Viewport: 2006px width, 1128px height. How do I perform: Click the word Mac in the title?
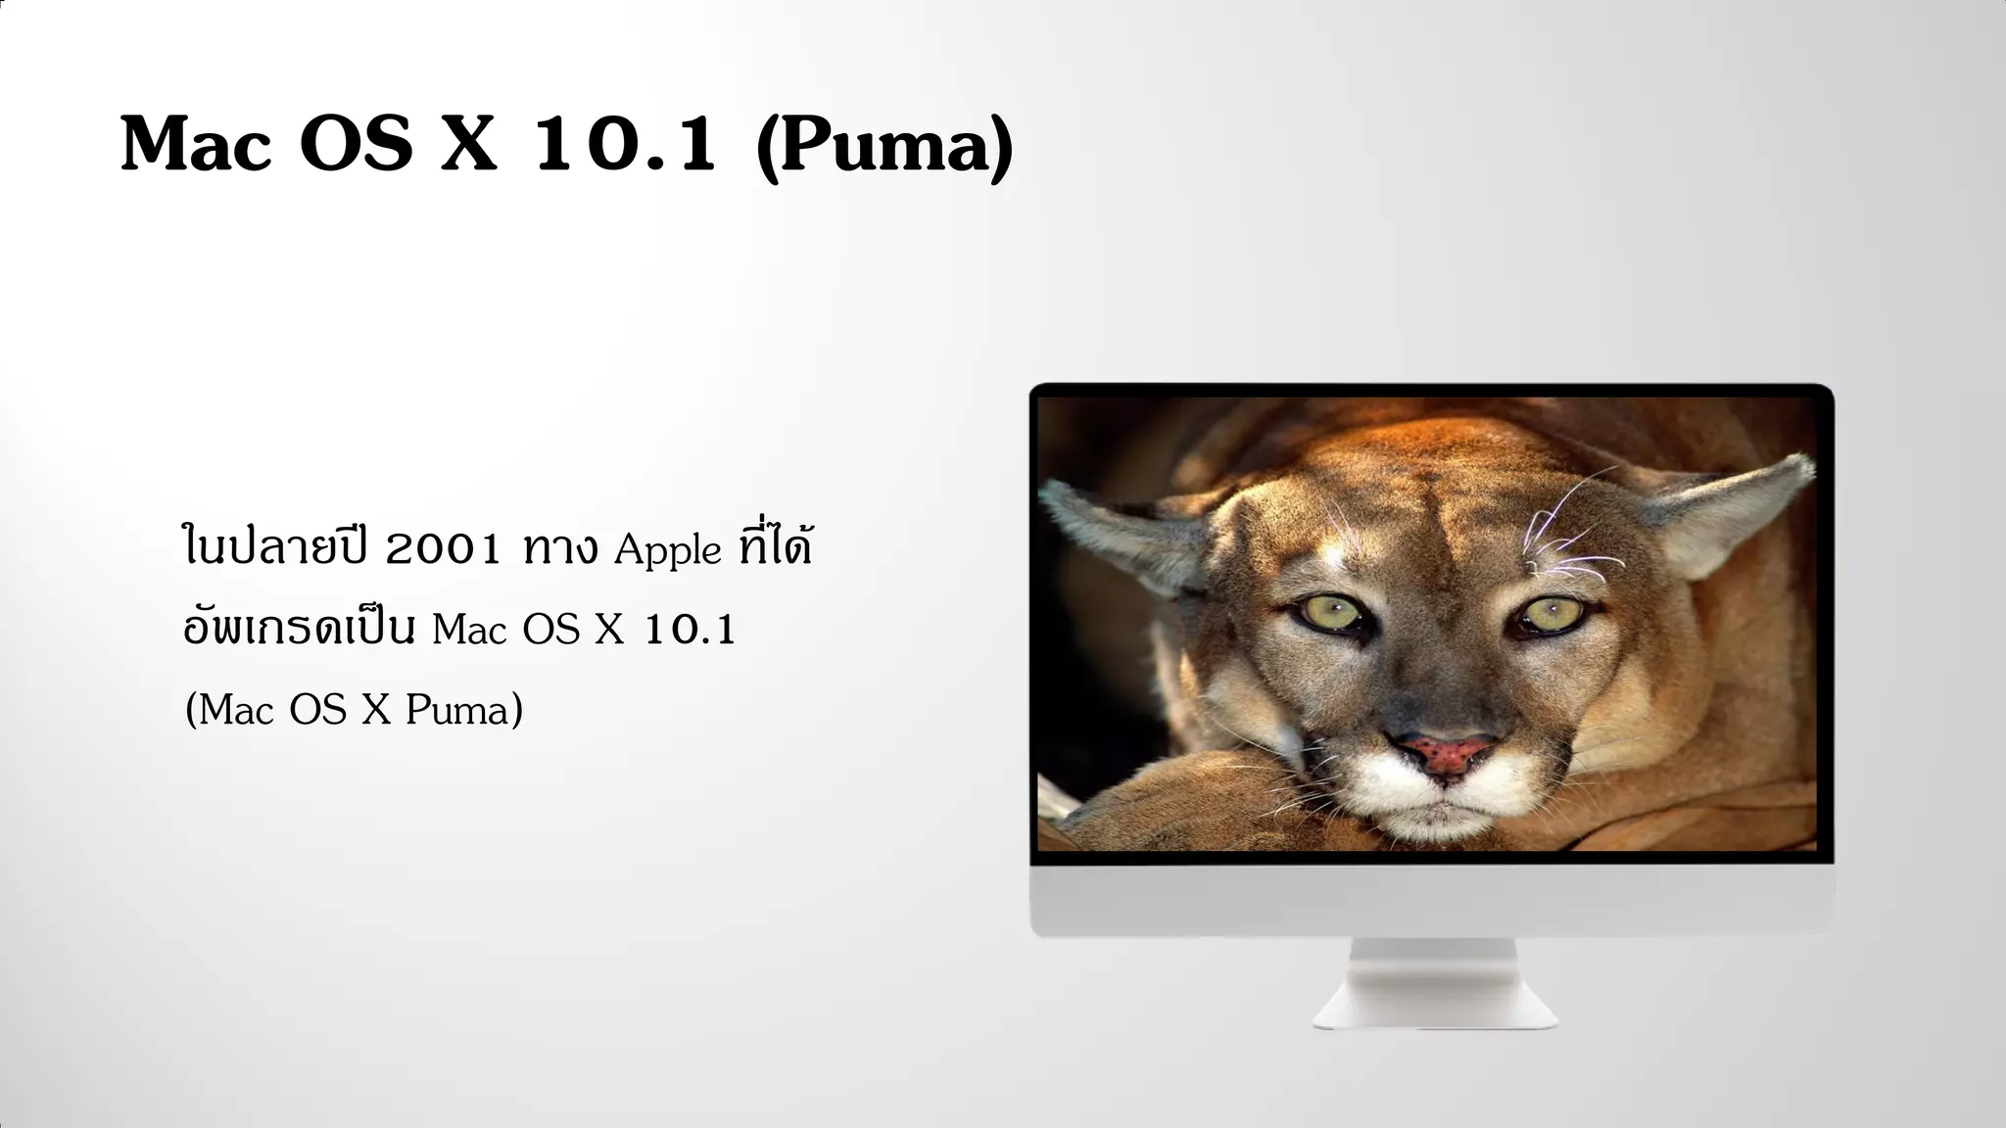196,145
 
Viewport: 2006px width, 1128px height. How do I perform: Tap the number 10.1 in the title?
625,145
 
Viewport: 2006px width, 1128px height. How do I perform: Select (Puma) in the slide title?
884,147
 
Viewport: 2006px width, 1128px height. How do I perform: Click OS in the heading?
356,145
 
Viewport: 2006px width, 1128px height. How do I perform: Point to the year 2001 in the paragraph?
443,549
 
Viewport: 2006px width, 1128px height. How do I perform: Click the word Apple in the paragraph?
668,550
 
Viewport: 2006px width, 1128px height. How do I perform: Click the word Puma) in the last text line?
464,710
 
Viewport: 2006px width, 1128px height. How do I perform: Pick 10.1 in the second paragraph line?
690,630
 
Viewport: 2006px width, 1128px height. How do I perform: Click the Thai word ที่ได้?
777,546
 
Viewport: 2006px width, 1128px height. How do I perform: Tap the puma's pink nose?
1444,752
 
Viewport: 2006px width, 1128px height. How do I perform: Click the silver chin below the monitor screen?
1431,900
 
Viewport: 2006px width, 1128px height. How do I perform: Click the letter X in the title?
469,145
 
